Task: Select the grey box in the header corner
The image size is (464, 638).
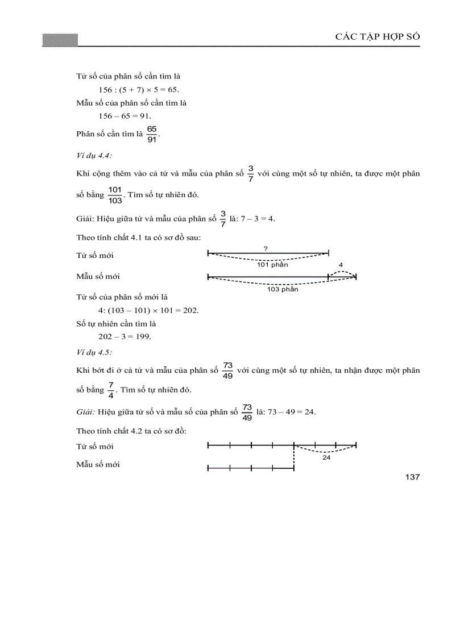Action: (60, 40)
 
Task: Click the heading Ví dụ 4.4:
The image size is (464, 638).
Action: (94, 155)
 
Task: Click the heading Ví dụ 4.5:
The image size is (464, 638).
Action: (94, 352)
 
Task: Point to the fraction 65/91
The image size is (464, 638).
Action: (151, 135)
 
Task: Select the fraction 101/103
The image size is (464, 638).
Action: (115, 195)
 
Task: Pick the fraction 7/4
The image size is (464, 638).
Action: (110, 390)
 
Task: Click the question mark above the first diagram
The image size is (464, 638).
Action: (266, 248)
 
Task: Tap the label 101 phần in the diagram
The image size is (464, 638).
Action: (272, 265)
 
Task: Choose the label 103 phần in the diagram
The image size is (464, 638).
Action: (283, 289)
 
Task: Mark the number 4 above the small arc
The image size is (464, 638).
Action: (341, 265)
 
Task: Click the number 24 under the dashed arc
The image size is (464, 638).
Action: (326, 457)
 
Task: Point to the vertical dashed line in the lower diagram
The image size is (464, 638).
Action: (294, 458)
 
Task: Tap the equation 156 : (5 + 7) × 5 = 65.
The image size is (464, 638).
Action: (139, 90)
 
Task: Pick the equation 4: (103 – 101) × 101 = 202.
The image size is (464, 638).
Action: (148, 310)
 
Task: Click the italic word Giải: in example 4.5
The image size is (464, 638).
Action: (85, 411)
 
